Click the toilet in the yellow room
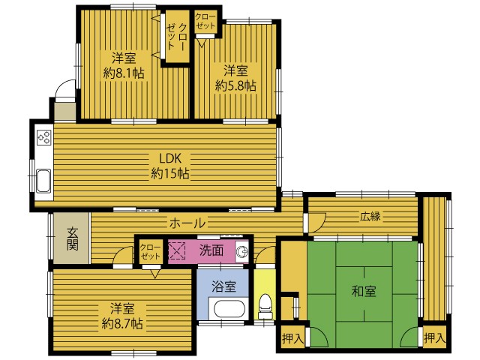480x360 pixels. pyautogui.click(x=265, y=307)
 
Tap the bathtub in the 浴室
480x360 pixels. pyautogui.click(x=230, y=309)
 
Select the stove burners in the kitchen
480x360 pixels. pyautogui.click(x=43, y=137)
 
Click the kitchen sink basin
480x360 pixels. pyautogui.click(x=43, y=181)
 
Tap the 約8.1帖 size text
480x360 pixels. pyautogui.click(x=124, y=73)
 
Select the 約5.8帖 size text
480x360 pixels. pyautogui.click(x=235, y=85)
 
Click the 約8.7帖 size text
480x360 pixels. pyautogui.click(x=122, y=323)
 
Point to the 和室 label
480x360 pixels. pyautogui.click(x=364, y=291)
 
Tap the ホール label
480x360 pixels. pyautogui.click(x=187, y=223)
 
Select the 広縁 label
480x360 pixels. pyautogui.click(x=370, y=217)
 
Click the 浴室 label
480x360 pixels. pyautogui.click(x=223, y=286)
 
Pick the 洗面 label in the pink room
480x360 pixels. pyautogui.click(x=211, y=250)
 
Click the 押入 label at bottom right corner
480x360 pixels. pyautogui.click(x=434, y=338)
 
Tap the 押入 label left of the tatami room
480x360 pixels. pyautogui.click(x=293, y=338)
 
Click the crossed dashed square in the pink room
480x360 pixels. pyautogui.click(x=177, y=251)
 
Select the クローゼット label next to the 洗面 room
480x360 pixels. pyautogui.click(x=150, y=252)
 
